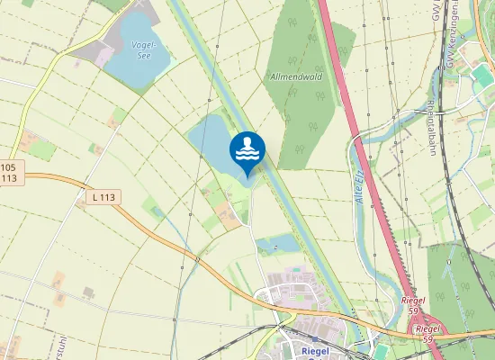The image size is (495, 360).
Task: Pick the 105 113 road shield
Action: coord(8,172)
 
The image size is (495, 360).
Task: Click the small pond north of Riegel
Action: coord(279,243)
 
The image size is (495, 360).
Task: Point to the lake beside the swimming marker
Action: coord(211,139)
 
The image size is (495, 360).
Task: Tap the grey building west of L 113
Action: coord(88,293)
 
